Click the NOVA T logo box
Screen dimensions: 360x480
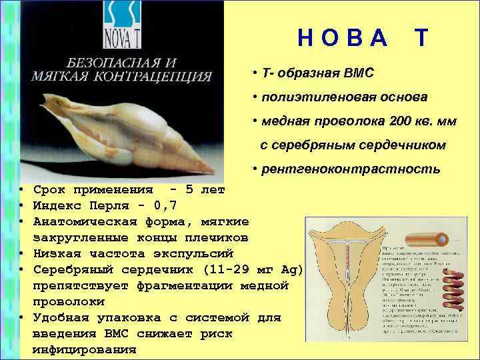123,25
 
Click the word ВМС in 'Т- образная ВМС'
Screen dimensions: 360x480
358,72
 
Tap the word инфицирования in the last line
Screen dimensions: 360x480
84,349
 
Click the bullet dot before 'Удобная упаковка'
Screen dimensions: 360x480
22,317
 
